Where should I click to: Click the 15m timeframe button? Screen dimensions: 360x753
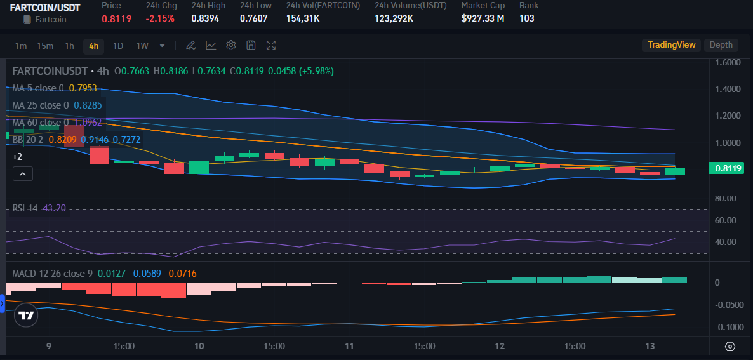click(x=44, y=46)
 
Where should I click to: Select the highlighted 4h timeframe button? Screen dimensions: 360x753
click(x=93, y=46)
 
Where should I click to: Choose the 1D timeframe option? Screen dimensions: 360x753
click(x=118, y=46)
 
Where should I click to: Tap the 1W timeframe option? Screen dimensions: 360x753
click(x=142, y=46)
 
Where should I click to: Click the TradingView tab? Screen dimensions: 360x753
click(x=671, y=45)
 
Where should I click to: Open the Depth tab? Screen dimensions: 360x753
click(x=721, y=45)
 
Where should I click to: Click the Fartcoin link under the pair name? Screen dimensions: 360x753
click(x=50, y=19)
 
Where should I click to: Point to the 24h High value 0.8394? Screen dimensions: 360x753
click(x=205, y=18)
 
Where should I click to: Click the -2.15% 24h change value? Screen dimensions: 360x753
click(x=160, y=18)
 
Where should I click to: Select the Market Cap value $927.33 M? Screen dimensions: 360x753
click(x=483, y=18)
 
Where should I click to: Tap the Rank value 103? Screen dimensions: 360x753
click(x=526, y=18)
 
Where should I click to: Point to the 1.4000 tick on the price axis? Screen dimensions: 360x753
click(x=728, y=90)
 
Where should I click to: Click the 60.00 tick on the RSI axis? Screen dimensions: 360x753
click(x=725, y=220)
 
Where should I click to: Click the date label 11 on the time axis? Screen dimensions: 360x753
click(x=349, y=347)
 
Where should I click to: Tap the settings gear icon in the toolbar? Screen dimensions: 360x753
click(x=231, y=46)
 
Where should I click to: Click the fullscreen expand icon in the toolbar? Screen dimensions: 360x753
click(x=271, y=46)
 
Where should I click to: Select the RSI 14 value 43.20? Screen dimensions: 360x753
click(x=54, y=208)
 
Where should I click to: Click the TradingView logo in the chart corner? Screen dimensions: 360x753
click(x=26, y=316)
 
